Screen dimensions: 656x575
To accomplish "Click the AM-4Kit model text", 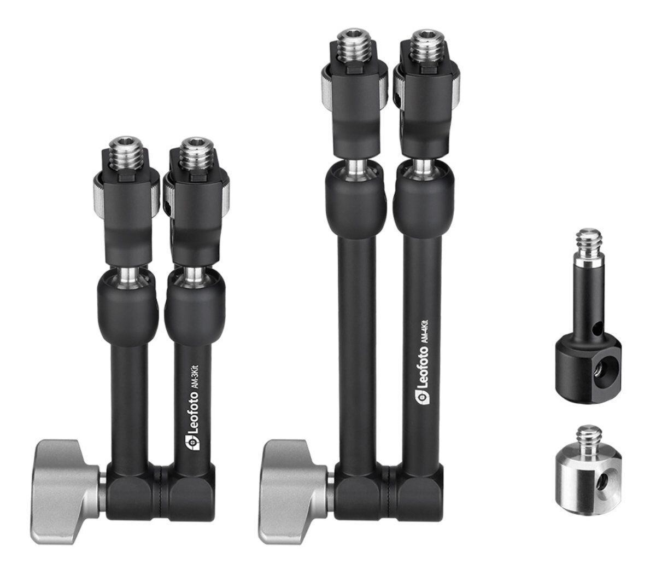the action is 427,333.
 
